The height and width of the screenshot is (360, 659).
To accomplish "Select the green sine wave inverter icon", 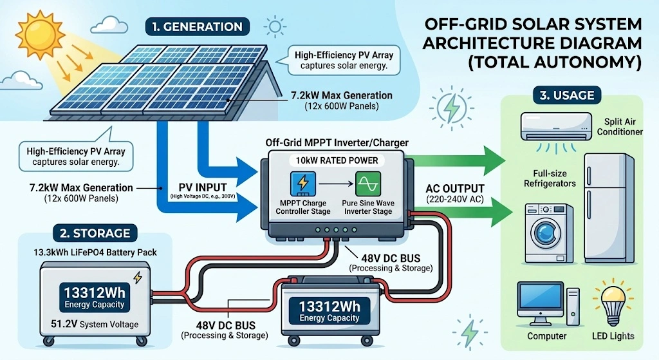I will [x=369, y=184].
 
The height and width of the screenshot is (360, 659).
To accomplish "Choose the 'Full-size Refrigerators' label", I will [x=550, y=178].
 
